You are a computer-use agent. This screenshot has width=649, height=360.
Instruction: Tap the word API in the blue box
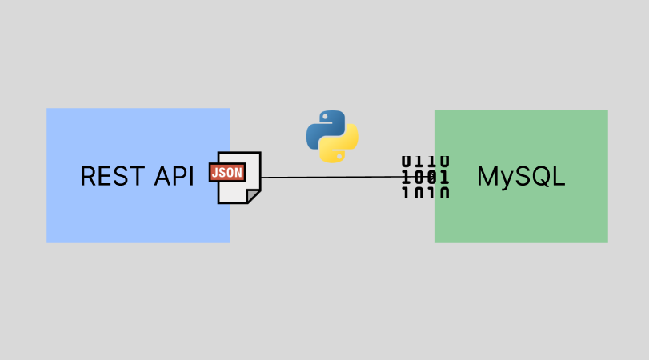point(174,176)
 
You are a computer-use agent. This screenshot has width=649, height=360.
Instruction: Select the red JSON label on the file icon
point(226,172)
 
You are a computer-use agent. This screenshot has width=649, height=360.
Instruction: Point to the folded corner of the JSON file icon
point(254,195)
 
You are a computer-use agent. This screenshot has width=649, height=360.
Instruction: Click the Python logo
point(332,137)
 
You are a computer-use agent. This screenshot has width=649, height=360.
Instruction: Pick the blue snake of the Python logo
point(323,129)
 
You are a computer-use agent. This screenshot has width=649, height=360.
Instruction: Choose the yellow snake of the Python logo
point(341,146)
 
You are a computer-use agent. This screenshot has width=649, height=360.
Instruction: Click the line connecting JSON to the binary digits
point(328,177)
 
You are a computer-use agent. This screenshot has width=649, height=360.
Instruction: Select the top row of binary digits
point(425,162)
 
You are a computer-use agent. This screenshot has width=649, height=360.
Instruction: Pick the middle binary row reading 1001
point(425,177)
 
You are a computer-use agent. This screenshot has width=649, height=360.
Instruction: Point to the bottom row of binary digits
point(425,192)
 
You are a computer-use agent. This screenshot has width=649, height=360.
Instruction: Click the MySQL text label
point(521,176)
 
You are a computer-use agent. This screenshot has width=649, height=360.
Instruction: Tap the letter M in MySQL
point(487,176)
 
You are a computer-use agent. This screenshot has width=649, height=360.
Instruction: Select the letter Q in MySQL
point(540,176)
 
